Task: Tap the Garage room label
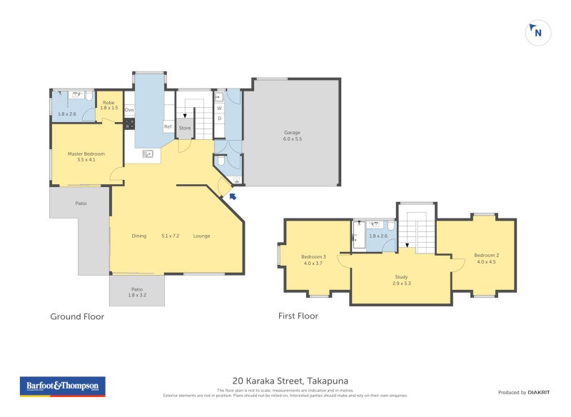[293, 135]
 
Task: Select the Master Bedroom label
[86, 156]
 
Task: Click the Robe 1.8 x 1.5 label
[108, 105]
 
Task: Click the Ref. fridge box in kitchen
[168, 127]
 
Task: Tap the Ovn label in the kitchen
[129, 110]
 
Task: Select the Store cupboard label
[185, 128]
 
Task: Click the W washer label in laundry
[219, 109]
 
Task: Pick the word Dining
[139, 236]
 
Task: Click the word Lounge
[201, 236]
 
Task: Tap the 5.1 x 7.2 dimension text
[171, 236]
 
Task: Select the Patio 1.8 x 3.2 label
[136, 291]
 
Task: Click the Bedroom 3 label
[313, 260]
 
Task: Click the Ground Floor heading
[77, 316]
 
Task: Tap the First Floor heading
[298, 316]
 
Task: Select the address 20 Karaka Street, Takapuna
[290, 381]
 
